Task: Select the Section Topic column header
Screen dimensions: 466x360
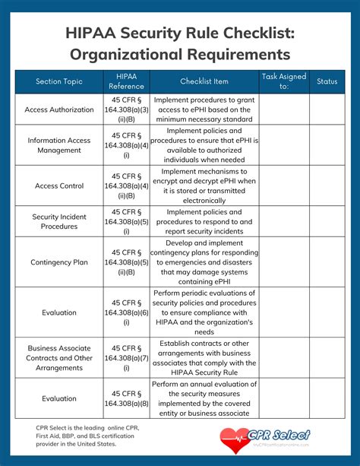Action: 58,81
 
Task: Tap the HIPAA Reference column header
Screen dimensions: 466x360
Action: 126,81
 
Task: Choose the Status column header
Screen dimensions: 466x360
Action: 327,81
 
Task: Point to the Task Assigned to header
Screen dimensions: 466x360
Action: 283,81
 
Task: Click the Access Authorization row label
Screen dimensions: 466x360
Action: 58,109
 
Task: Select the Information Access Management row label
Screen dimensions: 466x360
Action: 58,145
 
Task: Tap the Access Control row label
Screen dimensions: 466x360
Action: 58,185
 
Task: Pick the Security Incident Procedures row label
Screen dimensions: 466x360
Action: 58,221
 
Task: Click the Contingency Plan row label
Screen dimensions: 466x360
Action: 58,262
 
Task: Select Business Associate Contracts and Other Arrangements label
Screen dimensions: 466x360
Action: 58,357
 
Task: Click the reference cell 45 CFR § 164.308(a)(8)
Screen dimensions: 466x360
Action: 126,398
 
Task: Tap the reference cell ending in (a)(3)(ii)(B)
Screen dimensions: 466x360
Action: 126,109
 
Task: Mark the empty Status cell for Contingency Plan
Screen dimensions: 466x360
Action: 327,262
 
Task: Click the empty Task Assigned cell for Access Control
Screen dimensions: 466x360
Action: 283,185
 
